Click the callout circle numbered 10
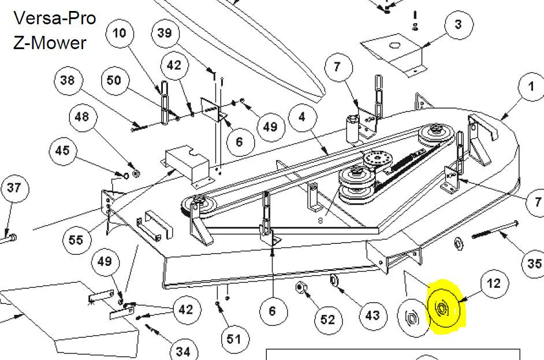pos(120,34)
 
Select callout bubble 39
pos(165,33)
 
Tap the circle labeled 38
pos(68,80)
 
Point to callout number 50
pos(114,80)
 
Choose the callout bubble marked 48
pos(83,117)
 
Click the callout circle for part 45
pos(63,151)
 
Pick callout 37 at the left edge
pos(14,188)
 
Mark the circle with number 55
pos(77,240)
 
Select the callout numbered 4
pos(303,117)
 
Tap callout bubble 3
pos(459,25)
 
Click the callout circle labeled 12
pos(494,284)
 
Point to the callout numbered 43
pos(373,315)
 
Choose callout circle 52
pos(328,320)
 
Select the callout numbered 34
pos(184,351)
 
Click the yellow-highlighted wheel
pos(445,308)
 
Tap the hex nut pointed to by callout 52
pos(300,287)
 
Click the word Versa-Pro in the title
pos(54,18)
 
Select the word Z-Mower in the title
pos(50,43)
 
